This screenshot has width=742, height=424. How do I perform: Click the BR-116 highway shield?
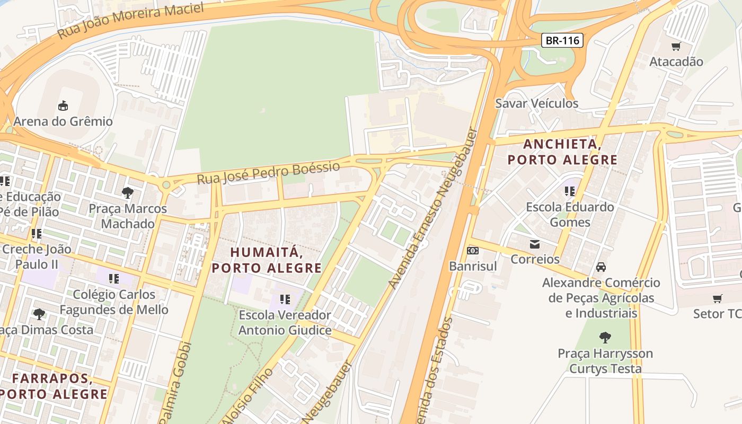pos(562,40)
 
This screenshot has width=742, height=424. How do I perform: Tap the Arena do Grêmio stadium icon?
pos(63,105)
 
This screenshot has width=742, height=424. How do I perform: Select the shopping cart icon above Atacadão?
pos(676,47)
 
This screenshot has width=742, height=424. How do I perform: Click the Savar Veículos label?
pos(536,103)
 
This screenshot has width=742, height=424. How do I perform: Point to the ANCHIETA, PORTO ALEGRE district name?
pos(562,152)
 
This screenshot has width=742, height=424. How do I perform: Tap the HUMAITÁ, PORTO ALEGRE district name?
pos(267,260)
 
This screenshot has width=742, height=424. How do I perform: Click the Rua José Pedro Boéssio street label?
pos(268,173)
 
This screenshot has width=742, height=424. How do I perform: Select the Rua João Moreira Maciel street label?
pos(130,21)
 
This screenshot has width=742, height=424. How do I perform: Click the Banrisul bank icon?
pos(473,251)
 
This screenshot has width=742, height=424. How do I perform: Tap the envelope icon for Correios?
pos(534,244)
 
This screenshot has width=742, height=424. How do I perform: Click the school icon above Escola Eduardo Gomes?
pos(570,191)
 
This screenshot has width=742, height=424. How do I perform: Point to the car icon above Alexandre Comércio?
pos(600,267)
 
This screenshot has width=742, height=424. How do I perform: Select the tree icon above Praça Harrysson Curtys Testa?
pos(605,337)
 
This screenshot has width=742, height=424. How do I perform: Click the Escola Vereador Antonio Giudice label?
pos(285,323)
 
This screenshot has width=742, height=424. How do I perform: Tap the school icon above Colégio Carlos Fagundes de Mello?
pos(113,278)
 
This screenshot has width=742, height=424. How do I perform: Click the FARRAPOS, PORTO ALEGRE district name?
pos(52,386)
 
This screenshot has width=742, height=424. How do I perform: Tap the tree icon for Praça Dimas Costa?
pos(39,314)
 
